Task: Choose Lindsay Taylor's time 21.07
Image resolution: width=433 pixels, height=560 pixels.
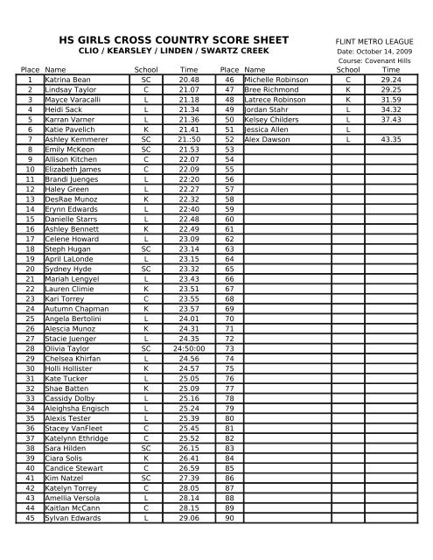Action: (x=189, y=90)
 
